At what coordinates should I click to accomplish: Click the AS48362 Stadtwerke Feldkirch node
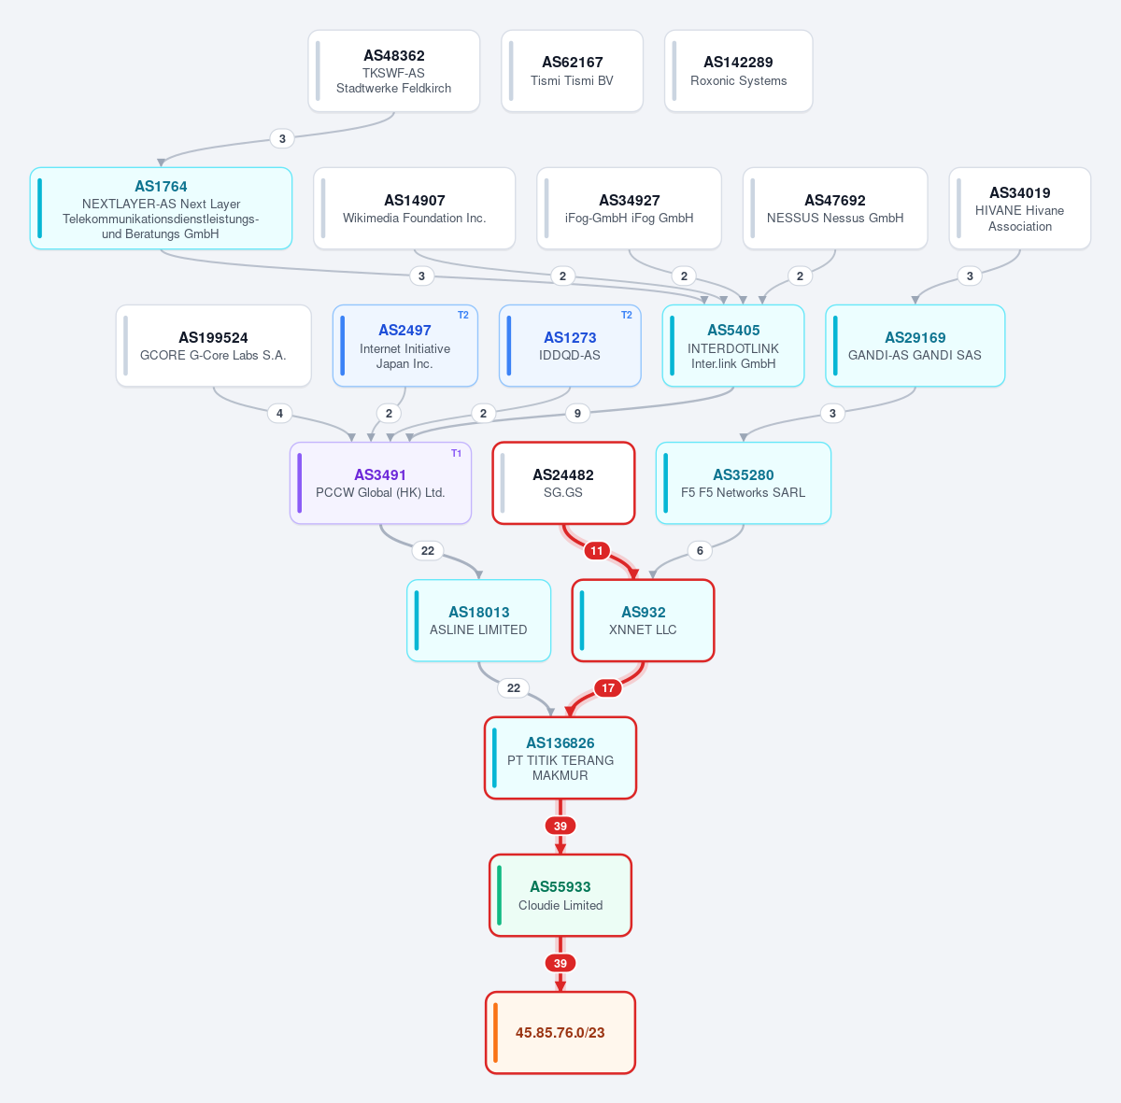click(394, 71)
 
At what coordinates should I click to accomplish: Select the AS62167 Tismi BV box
click(572, 71)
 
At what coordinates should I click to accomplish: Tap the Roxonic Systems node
click(738, 71)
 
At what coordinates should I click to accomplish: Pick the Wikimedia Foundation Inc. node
click(414, 208)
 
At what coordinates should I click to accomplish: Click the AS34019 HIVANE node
click(1020, 208)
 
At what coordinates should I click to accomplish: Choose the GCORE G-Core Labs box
click(214, 346)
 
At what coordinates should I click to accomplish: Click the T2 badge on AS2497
click(463, 315)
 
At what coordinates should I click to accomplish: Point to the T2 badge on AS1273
click(627, 315)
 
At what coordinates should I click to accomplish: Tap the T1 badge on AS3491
click(457, 453)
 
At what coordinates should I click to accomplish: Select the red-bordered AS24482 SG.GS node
click(563, 483)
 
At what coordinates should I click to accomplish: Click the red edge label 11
click(597, 551)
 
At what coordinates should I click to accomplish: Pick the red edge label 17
click(608, 688)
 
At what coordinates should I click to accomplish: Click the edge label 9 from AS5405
click(577, 414)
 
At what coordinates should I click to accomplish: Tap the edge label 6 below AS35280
click(700, 551)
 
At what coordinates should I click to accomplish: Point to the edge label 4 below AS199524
click(280, 414)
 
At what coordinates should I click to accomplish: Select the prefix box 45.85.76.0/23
click(560, 1033)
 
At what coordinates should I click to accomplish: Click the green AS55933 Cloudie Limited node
click(560, 896)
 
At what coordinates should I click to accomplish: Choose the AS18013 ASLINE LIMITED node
click(479, 620)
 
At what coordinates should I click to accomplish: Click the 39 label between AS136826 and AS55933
click(560, 826)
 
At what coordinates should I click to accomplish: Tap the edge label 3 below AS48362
click(282, 139)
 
